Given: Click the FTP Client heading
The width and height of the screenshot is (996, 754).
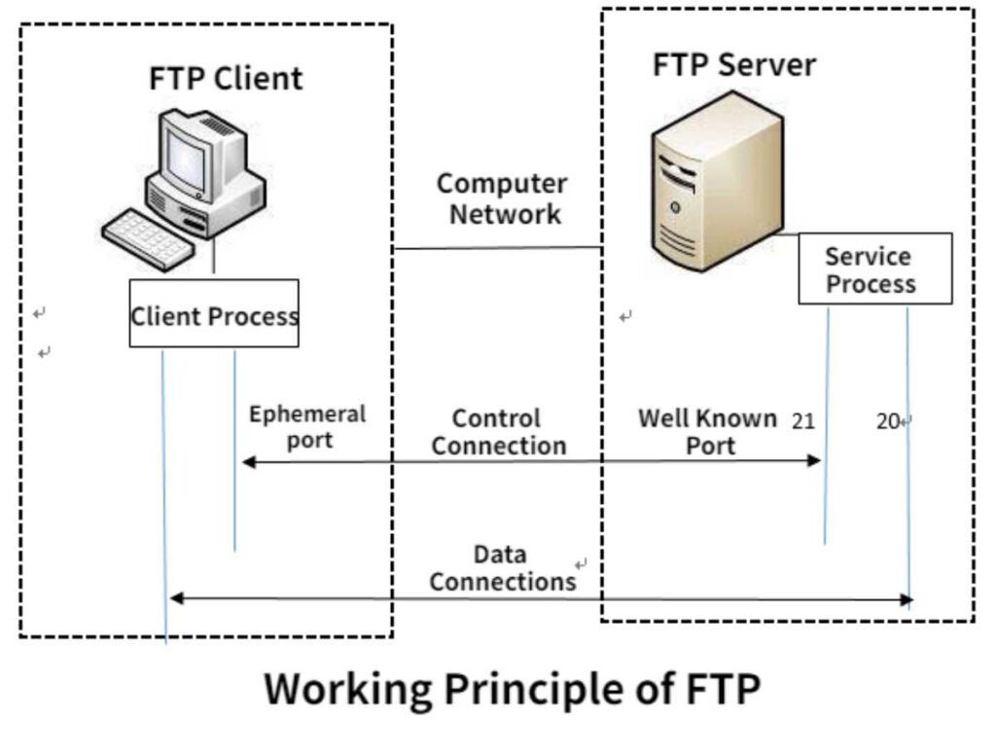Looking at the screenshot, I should point(226,79).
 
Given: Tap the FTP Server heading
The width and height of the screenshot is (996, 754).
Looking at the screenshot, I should point(734,65).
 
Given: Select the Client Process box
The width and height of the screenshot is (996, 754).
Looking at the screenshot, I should point(214,314).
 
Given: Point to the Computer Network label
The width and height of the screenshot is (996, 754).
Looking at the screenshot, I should point(502,198).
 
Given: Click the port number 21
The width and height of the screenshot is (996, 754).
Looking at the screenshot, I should point(803,421).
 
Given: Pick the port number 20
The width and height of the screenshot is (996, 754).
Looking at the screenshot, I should point(887,422).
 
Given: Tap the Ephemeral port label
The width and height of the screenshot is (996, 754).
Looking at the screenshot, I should point(307,426).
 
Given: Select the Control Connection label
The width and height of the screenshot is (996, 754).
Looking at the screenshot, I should point(498,432).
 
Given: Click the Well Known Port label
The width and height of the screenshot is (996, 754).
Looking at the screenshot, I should point(708,432).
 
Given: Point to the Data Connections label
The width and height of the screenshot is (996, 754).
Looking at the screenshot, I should point(502,568).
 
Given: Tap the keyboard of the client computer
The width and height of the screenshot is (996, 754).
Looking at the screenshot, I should point(146,236).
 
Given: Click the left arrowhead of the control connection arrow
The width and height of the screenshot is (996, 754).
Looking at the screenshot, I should point(248,461).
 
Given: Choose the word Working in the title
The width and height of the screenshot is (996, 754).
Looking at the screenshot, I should point(348,690).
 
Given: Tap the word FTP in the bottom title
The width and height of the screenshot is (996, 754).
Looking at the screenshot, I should point(721,690).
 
